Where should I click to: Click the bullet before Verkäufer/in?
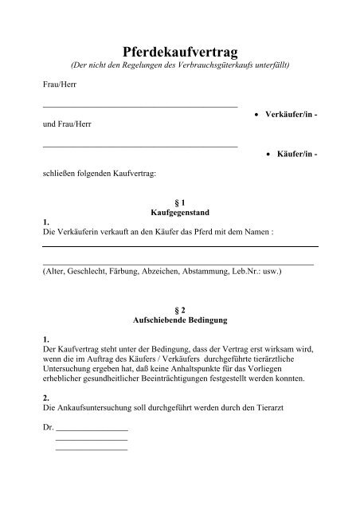(254, 116)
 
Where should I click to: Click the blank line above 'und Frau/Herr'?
(139, 105)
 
